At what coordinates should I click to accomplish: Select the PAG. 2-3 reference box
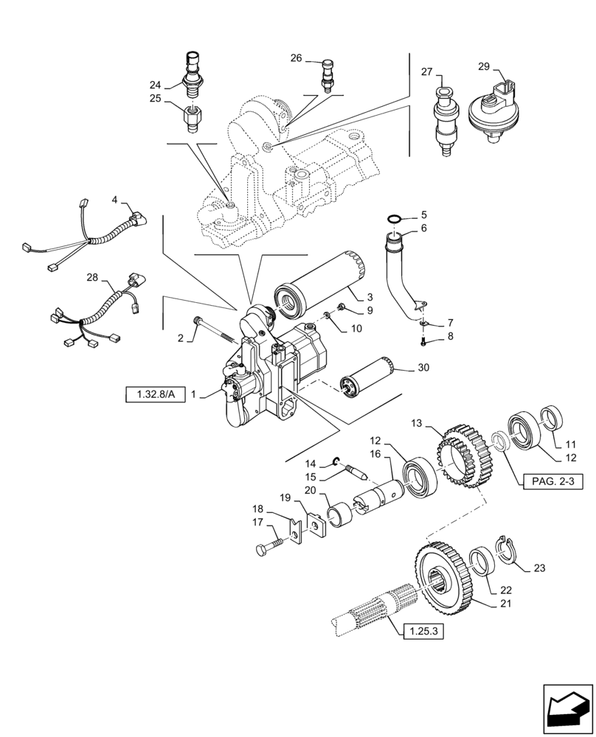pyautogui.click(x=552, y=482)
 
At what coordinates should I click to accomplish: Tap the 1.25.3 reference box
pyautogui.click(x=423, y=632)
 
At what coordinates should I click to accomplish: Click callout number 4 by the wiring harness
pyautogui.click(x=114, y=200)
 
